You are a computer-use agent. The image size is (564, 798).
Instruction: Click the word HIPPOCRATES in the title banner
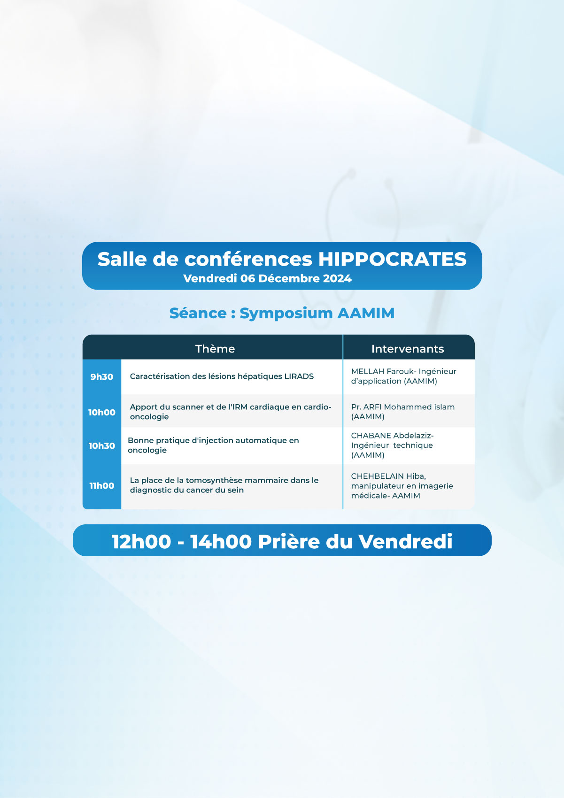(392, 259)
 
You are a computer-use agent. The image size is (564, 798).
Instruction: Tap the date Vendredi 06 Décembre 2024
(267, 278)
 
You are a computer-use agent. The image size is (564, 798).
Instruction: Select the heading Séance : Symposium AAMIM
(282, 313)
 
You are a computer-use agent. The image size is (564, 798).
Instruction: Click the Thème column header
(215, 349)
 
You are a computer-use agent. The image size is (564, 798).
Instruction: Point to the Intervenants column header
(408, 349)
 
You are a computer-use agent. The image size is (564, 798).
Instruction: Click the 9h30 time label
(101, 376)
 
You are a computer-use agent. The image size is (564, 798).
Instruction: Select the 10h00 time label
(101, 412)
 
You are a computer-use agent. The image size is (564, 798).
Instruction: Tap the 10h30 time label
(101, 445)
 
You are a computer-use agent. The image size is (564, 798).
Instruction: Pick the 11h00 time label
(101, 485)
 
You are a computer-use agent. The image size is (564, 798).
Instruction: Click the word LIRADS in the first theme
(299, 376)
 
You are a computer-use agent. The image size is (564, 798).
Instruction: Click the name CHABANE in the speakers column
(371, 435)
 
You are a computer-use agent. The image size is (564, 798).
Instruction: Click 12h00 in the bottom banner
(141, 542)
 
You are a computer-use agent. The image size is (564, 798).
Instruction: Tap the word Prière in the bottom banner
(289, 542)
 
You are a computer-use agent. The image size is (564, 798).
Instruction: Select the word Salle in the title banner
(122, 259)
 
